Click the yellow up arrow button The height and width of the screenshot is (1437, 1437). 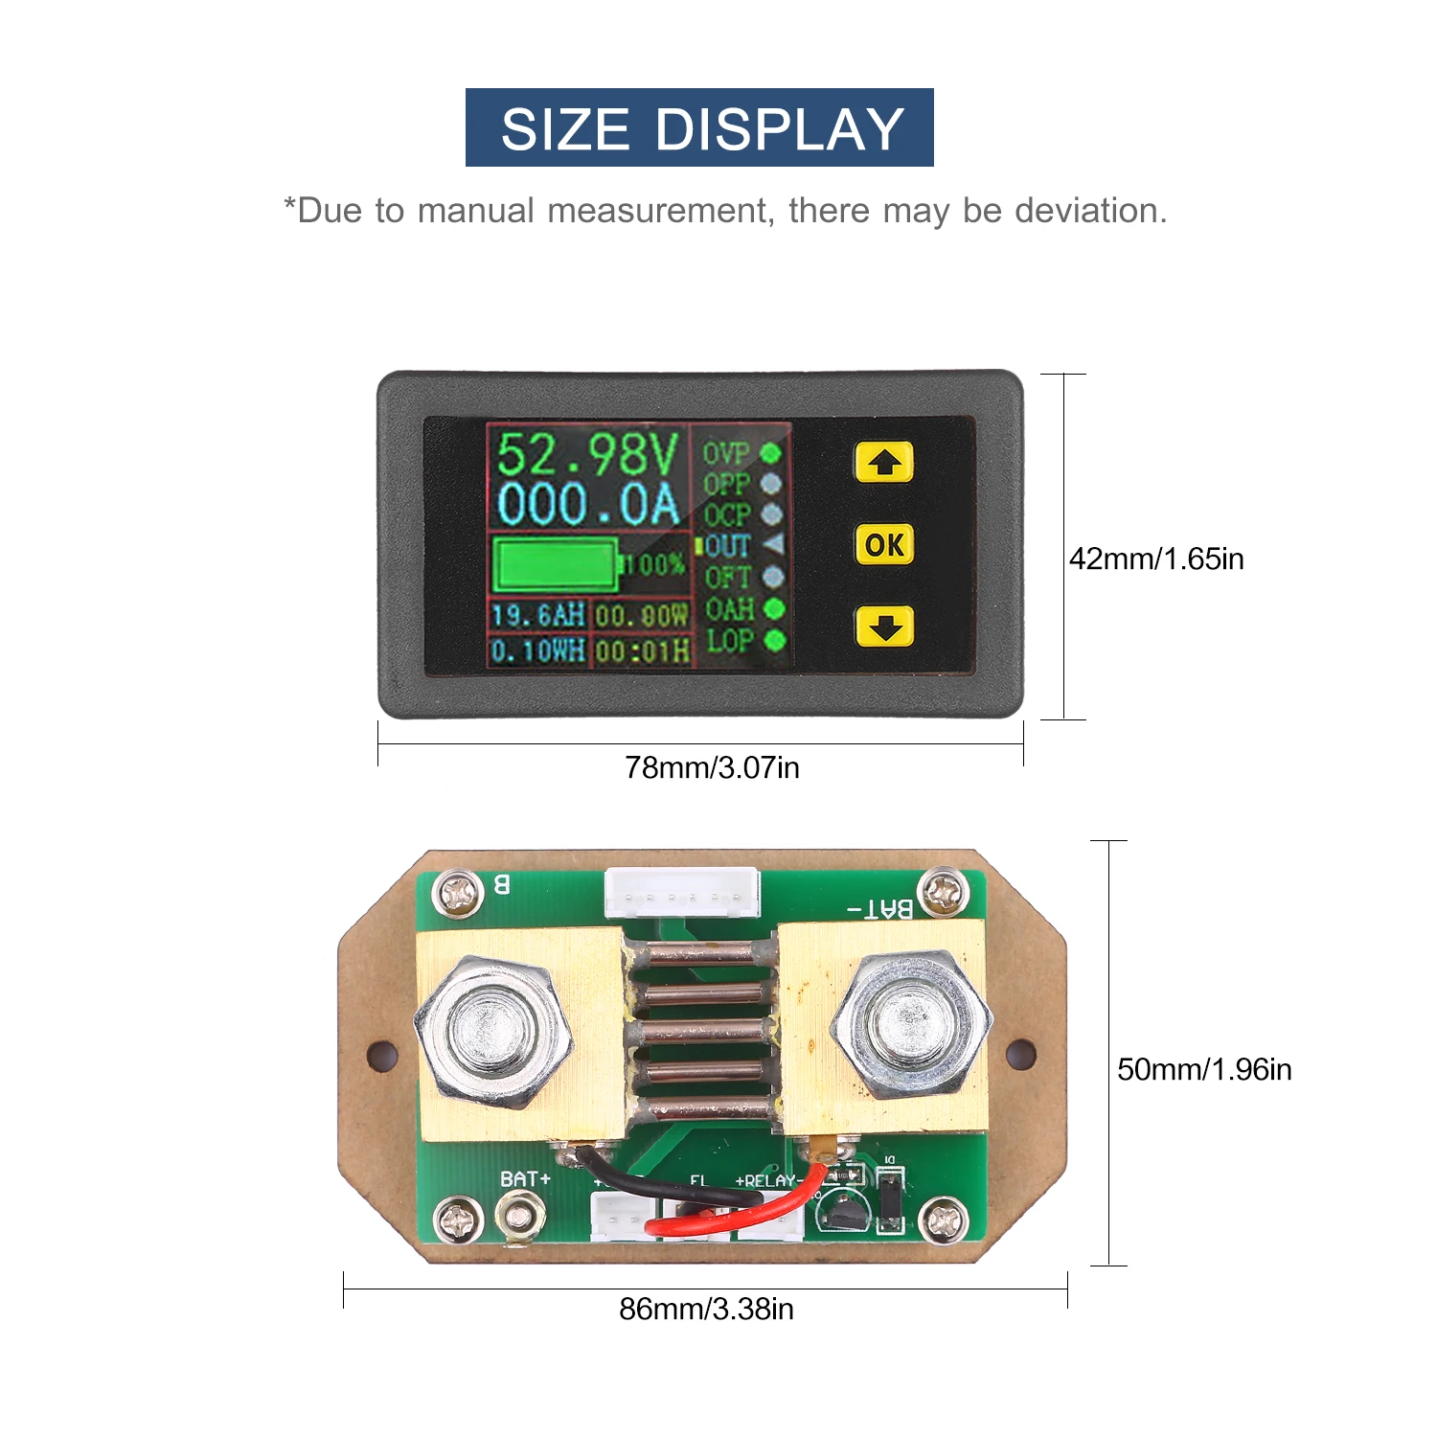coord(883,463)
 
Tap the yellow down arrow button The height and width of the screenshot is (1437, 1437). coord(883,627)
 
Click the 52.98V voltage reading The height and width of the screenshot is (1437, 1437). coord(587,454)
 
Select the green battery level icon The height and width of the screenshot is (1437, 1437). coord(555,564)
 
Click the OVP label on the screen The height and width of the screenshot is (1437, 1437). coord(725,453)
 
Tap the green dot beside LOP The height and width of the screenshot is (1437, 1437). coord(775,640)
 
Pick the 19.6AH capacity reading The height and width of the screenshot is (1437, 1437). coord(537,615)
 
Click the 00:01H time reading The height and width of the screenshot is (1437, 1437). coord(642,652)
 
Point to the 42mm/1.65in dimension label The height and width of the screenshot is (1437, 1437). coord(1156,559)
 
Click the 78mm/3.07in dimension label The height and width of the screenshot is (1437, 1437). coord(712,767)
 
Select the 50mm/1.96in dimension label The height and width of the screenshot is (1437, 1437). coord(1204,1069)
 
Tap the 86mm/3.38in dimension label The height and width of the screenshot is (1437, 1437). coord(706,1309)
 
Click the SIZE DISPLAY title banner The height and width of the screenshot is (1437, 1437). coord(699,127)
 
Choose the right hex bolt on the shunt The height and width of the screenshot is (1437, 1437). coord(910,1025)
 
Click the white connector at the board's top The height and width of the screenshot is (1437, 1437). coord(682,893)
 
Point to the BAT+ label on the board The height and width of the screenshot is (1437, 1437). coord(525,1179)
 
